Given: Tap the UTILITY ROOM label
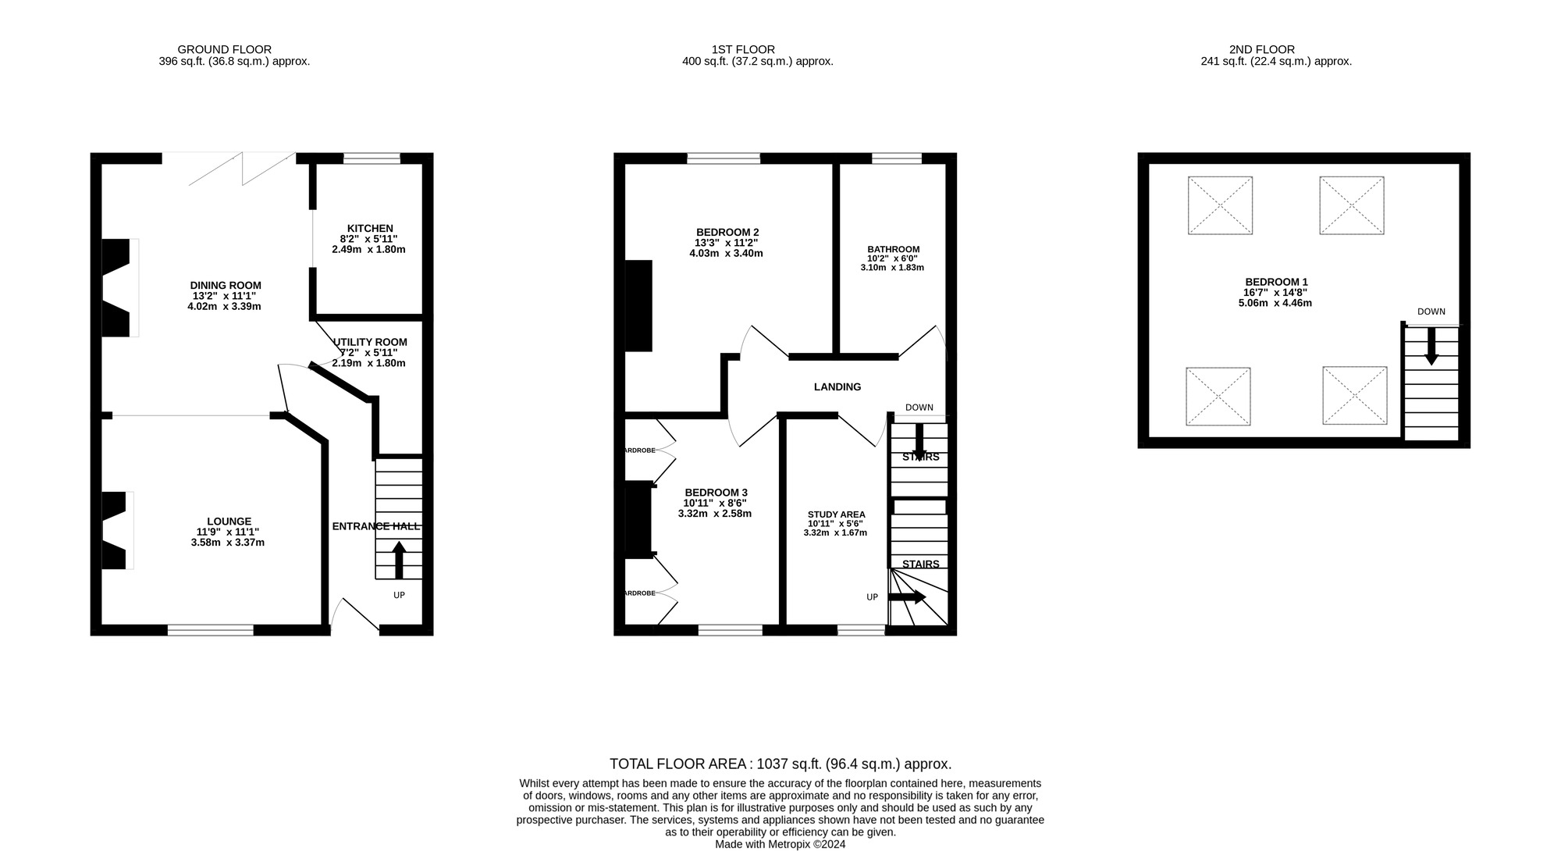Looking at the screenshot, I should point(371,342).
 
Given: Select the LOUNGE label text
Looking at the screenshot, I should point(229,522).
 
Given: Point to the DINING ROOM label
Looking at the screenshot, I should point(225,286).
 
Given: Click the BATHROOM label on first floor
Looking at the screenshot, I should point(893,249).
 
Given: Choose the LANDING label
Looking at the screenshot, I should point(837,387).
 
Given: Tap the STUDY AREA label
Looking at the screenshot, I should point(836,515).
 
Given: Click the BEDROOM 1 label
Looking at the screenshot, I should point(1276,282).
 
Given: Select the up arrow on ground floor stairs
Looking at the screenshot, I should point(399,559).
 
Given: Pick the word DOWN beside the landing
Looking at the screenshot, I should point(919,408).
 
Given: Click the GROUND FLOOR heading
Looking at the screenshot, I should point(225,49).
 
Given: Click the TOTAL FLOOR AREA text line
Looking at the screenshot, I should point(780,764).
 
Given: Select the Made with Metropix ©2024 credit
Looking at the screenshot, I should point(780,844).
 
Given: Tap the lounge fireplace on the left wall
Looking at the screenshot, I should point(116,530).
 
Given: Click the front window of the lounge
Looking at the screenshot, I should point(211,629).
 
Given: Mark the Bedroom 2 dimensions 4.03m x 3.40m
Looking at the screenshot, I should point(726,254).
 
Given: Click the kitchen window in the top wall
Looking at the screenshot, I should point(372,158).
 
